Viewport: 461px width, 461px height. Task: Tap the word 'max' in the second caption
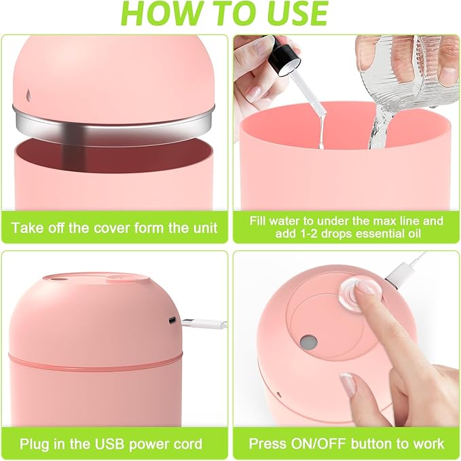pos(388,221)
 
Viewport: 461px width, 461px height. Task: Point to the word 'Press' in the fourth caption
pos(267,445)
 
